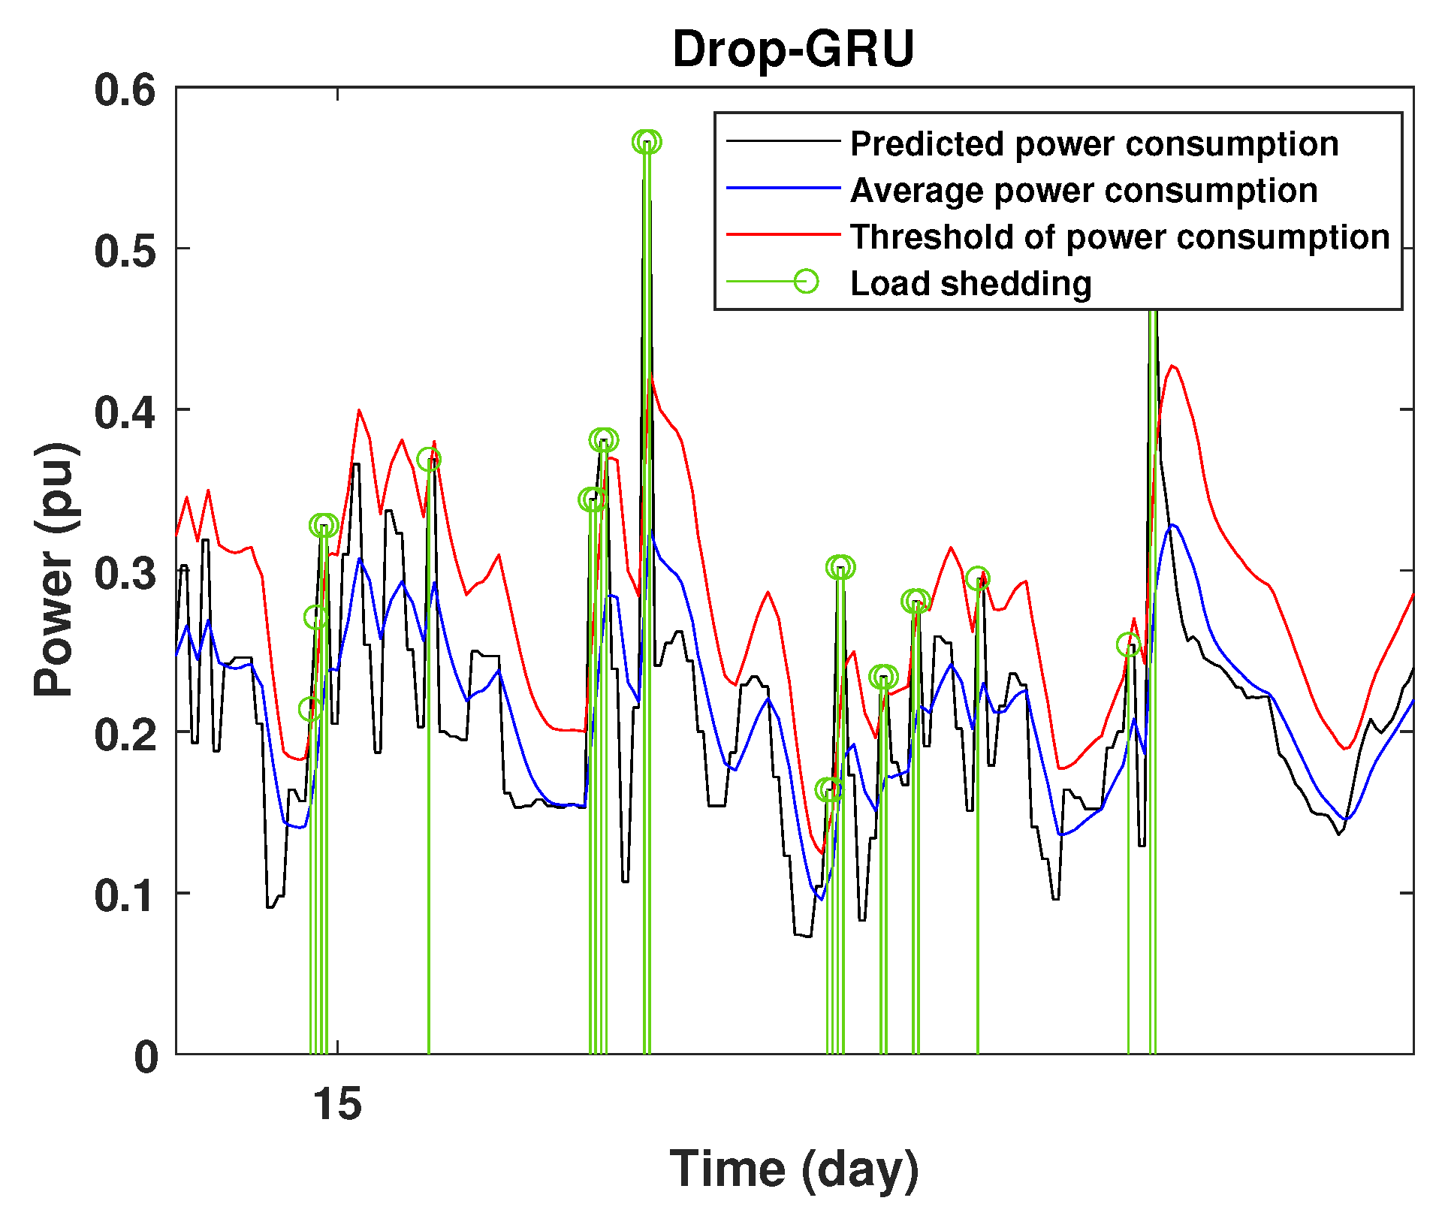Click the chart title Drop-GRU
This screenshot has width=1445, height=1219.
793,50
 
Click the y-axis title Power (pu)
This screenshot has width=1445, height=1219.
56,569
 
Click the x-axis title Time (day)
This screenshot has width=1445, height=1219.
794,1169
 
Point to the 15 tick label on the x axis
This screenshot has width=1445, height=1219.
337,1104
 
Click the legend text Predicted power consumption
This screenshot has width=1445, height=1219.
1094,143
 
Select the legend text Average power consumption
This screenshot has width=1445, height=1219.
1083,190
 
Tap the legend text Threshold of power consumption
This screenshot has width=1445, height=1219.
1119,237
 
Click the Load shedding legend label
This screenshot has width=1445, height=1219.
970,283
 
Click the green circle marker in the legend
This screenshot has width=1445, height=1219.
806,282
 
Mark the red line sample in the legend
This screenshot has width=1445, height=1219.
783,235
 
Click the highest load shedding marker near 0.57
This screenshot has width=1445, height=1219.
646,141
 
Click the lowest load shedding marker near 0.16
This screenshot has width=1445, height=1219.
828,789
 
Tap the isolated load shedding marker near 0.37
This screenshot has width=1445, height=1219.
429,459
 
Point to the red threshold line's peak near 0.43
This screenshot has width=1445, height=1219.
1173,367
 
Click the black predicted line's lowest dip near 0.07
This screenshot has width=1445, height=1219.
807,936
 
